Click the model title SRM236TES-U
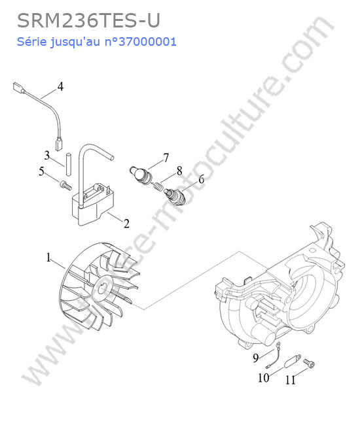click(89, 21)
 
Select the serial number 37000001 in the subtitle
click(147, 42)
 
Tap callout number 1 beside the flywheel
click(48, 258)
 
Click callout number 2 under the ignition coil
click(126, 224)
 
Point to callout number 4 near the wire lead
click(60, 87)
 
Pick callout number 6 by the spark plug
click(202, 179)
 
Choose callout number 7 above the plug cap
click(166, 158)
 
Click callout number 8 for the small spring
click(179, 171)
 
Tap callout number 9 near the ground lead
click(256, 358)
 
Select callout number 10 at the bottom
click(263, 377)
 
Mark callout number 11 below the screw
click(291, 380)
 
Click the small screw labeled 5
click(65, 185)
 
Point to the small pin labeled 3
click(68, 165)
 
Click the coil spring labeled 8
click(158, 186)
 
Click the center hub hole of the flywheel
click(103, 289)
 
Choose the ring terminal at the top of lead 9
click(278, 345)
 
